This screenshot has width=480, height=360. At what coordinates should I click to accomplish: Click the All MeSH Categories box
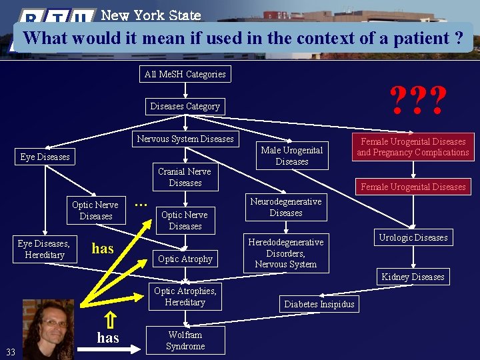[x=185, y=74]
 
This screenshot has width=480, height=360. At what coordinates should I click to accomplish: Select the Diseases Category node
[x=185, y=106]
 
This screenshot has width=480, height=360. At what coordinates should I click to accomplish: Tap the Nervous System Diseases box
[x=185, y=139]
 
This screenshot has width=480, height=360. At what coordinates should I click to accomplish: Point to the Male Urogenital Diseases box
[x=291, y=156]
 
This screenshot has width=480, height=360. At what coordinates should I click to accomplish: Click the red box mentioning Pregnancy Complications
[x=413, y=147]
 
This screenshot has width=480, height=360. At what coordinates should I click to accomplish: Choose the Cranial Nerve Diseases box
[x=185, y=177]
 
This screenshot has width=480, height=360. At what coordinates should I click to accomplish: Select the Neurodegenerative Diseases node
[x=285, y=207]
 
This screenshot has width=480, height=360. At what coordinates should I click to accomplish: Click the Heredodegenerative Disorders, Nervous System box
[x=285, y=253]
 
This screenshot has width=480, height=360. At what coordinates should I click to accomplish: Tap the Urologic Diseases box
[x=413, y=237]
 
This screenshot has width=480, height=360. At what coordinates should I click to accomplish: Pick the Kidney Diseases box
[x=413, y=277]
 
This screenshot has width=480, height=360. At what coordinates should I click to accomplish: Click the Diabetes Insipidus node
[x=319, y=304]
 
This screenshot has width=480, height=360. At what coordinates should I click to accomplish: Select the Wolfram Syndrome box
[x=185, y=341]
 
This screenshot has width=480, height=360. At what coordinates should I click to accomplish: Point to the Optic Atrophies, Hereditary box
[x=185, y=297]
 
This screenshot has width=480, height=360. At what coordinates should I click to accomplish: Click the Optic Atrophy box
[x=185, y=259]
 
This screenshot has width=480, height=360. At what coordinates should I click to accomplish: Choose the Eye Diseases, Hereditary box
[x=45, y=249]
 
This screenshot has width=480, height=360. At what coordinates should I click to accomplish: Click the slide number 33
[x=11, y=351]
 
